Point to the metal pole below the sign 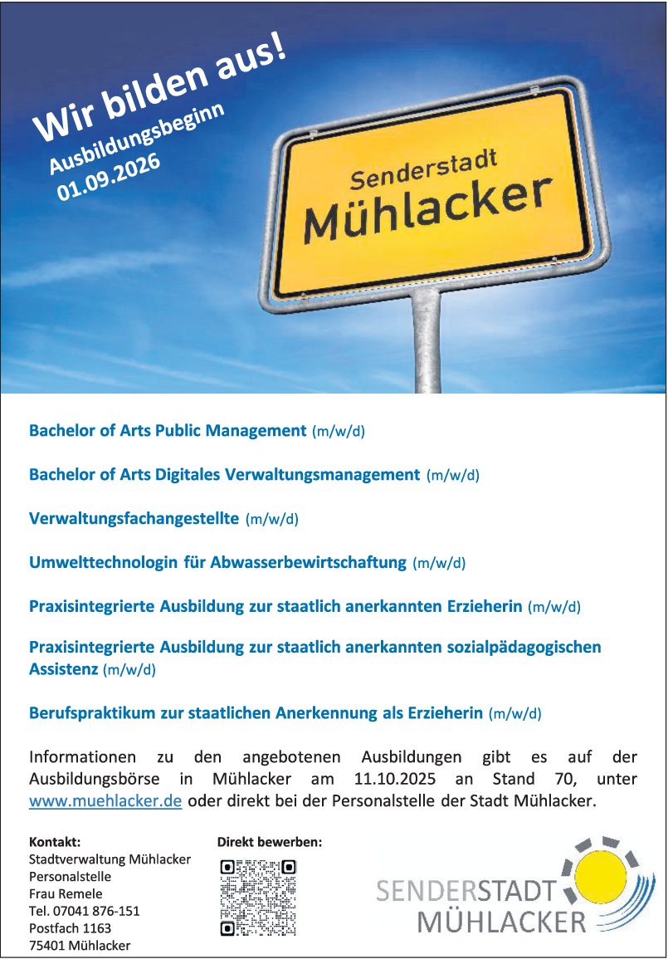pos(427,340)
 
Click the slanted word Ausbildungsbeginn pos(138,138)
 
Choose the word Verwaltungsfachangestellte pos(134,519)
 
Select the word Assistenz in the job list pos(63,668)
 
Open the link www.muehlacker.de pos(105,802)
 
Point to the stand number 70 pos(552,780)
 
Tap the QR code pos(258,898)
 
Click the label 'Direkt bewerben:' pos(270,842)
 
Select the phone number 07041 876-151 pos(95,911)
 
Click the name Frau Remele pos(66,893)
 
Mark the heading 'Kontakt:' pos(55,842)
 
